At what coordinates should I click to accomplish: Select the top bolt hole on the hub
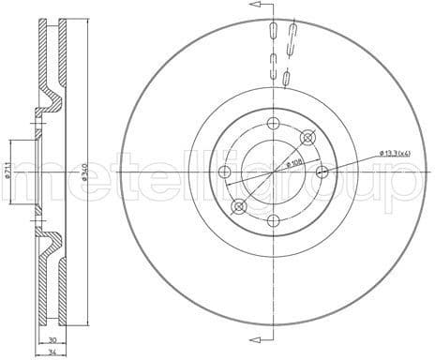point(273,124)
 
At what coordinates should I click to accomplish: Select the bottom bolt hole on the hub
point(273,220)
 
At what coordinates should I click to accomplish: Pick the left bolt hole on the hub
point(224,172)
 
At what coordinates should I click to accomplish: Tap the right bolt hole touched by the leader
point(322,172)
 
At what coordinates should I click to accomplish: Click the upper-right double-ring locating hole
point(307,138)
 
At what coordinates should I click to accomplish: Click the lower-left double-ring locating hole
point(239,206)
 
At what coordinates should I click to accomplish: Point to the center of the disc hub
point(273,172)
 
